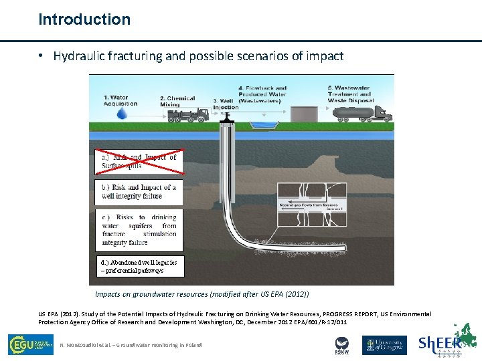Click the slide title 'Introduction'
coord(84,19)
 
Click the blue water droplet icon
coord(122,114)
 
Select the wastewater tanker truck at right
coord(361,114)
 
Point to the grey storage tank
coord(306,114)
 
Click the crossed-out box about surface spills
coord(139,161)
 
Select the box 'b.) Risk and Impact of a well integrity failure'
coord(139,192)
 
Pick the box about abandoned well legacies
coord(139,266)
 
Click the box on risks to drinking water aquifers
coord(139,229)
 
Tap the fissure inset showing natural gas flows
coord(312,205)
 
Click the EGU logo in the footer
coord(30,344)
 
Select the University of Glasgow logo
coord(384,345)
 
